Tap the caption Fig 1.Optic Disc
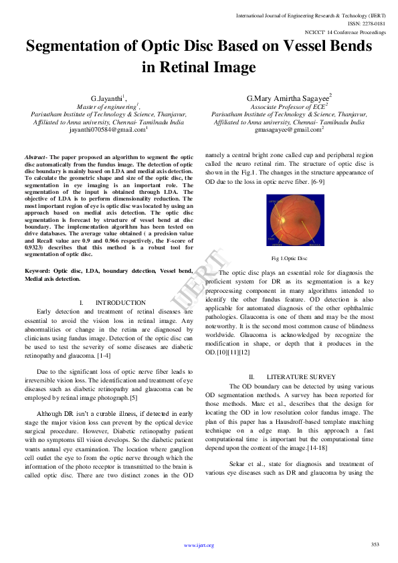pyautogui.click(x=289, y=257)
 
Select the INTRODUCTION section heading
pyautogui.click(x=120, y=303)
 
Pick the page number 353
pyautogui.click(x=375, y=544)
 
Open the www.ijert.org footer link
pyautogui.click(x=199, y=546)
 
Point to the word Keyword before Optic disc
pyautogui.click(x=37, y=270)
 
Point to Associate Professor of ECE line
pyautogui.click(x=288, y=106)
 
